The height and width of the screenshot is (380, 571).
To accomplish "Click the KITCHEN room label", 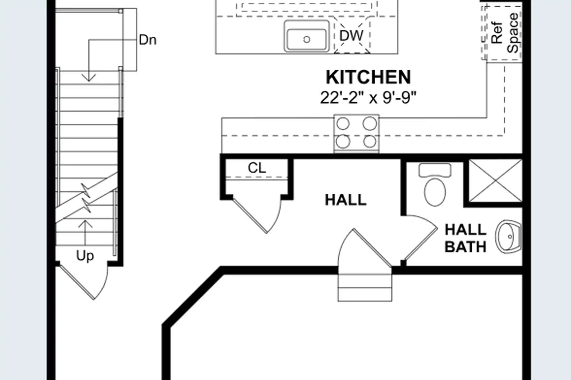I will [368, 77].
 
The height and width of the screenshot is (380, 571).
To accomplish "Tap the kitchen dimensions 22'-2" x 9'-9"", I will [368, 98].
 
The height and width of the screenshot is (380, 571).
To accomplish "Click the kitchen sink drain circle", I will [307, 40].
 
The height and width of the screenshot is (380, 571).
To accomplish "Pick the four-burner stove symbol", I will [356, 133].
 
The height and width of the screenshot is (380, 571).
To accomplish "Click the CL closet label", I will [257, 168].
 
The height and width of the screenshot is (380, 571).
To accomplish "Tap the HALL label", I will [346, 200].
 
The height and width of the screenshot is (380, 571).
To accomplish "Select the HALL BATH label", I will [466, 238].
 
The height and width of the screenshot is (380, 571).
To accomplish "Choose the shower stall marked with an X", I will [495, 181].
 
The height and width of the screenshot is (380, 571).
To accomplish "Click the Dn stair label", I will [148, 40].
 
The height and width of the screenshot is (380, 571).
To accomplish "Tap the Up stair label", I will [85, 256].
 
